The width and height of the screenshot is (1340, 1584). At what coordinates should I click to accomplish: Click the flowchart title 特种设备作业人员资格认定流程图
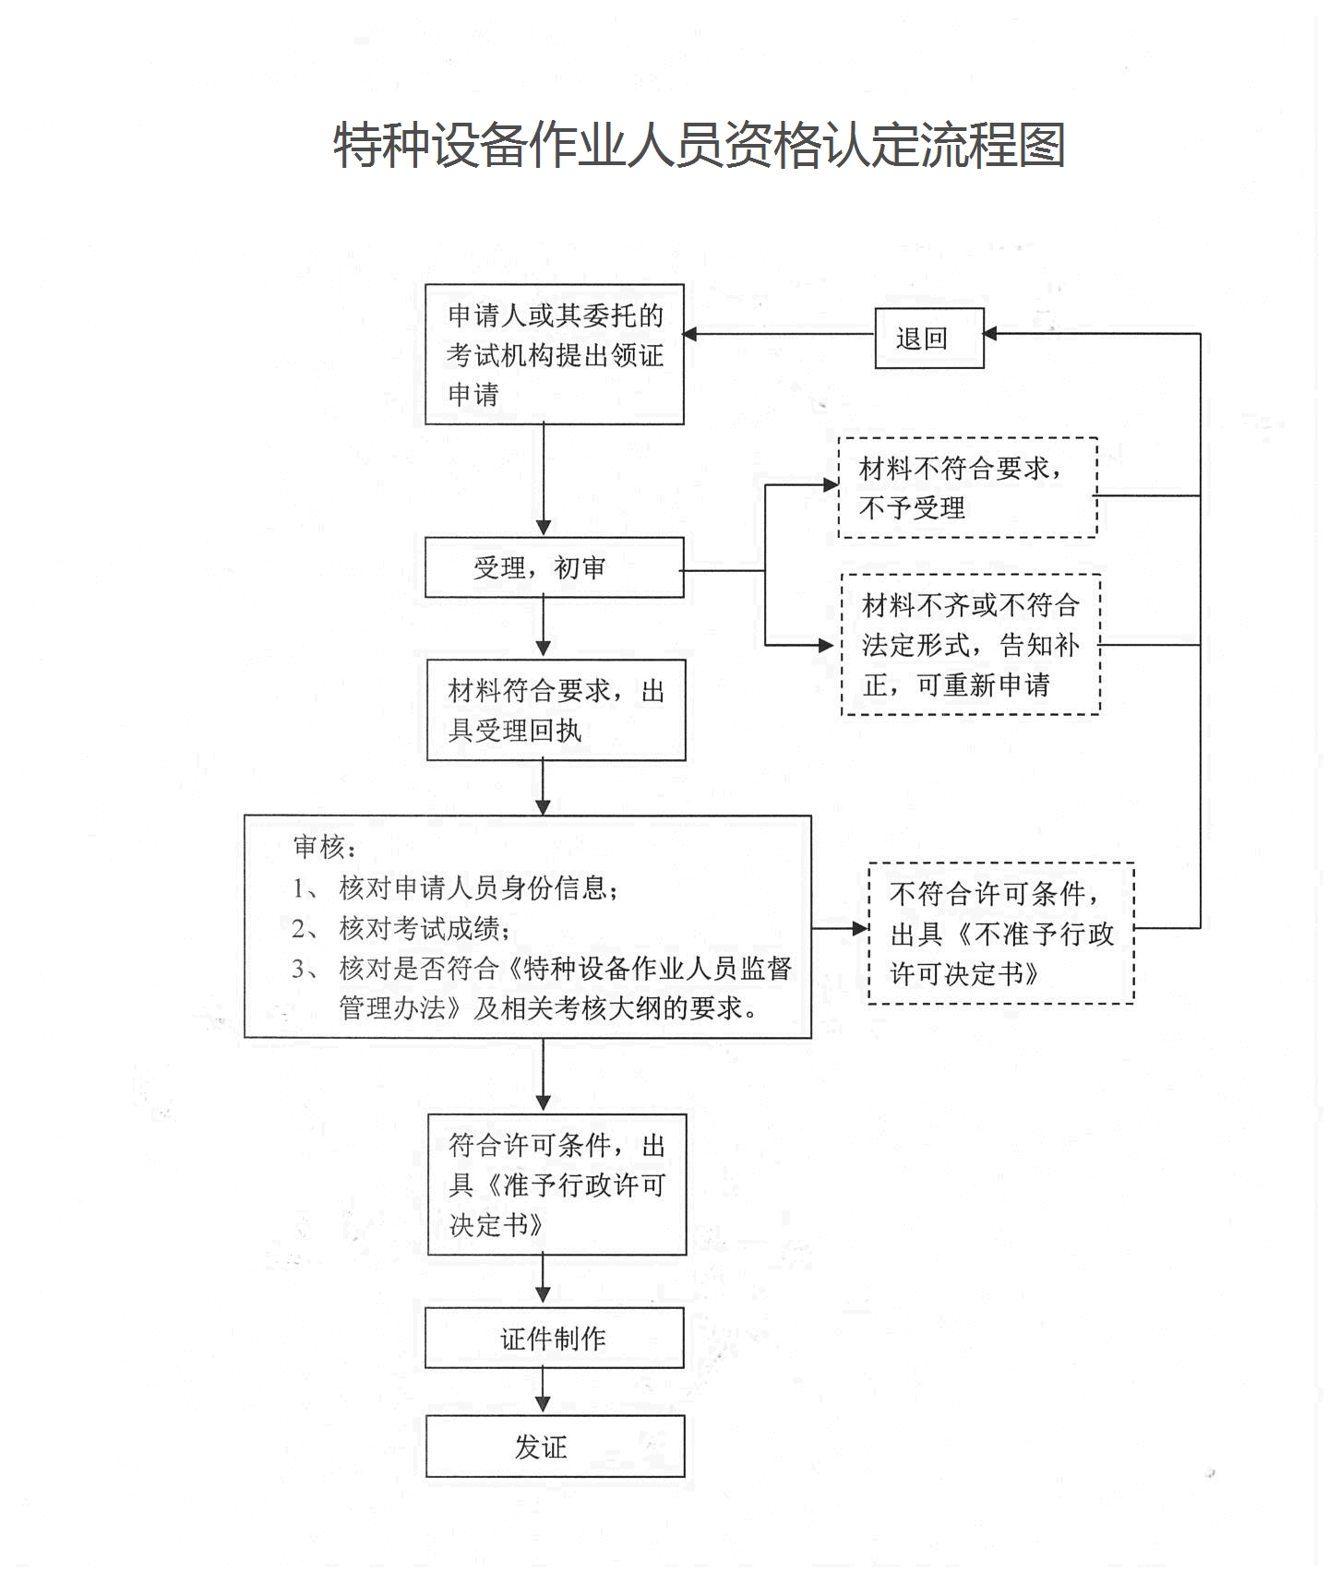[x=699, y=146]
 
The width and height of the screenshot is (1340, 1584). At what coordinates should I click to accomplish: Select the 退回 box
[x=928, y=339]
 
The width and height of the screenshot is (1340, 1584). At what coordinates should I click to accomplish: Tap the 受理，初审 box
[x=554, y=567]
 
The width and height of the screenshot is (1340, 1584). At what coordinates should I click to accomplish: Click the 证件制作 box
[x=554, y=1338]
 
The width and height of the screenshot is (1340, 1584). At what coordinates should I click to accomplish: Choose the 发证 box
[x=555, y=1447]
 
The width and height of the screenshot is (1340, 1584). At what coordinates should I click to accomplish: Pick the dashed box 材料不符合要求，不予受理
[x=966, y=488]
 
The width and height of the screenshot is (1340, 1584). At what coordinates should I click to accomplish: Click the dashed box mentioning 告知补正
[x=970, y=645]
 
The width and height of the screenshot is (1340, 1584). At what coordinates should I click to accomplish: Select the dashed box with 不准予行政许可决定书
[x=1000, y=933]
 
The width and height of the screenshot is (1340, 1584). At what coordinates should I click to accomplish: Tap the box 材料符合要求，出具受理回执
[x=556, y=709]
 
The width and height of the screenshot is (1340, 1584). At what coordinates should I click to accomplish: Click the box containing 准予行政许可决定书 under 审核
[x=556, y=1185]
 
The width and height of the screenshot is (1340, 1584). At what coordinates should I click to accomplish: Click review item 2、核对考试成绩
[x=401, y=928]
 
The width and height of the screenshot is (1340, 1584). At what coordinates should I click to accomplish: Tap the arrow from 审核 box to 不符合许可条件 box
[x=840, y=928]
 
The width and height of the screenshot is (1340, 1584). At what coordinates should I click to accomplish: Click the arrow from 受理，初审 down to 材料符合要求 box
[x=543, y=627]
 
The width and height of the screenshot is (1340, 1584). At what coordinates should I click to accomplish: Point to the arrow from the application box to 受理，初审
[x=543, y=480]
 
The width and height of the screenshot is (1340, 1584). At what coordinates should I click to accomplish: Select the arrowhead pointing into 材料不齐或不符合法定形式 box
[x=826, y=645]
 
